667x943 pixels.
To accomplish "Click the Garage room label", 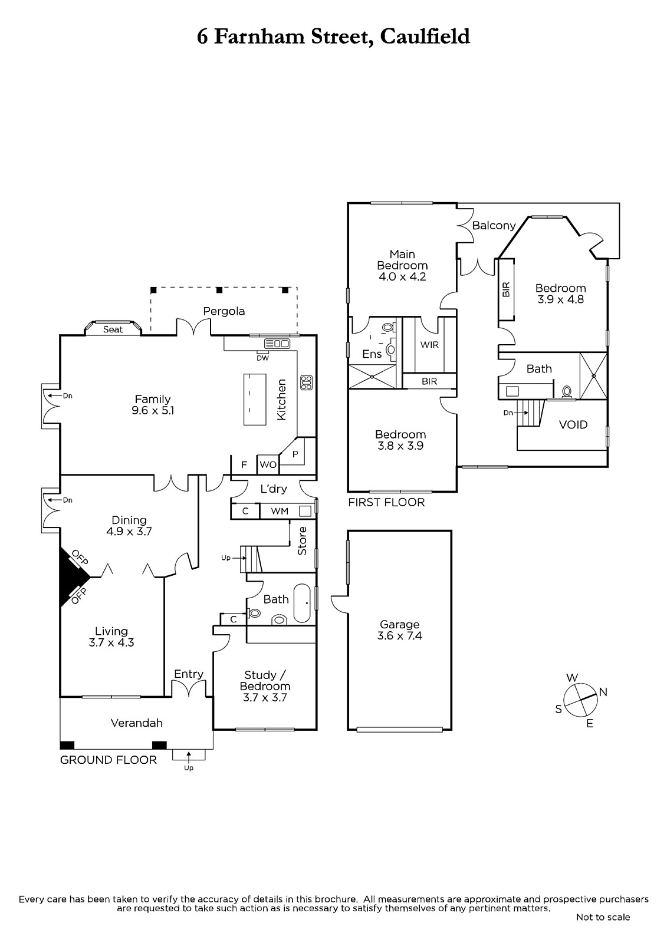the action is click(x=399, y=624).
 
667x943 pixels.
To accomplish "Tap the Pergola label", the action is click(x=224, y=311).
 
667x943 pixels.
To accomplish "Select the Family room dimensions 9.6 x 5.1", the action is click(x=153, y=410).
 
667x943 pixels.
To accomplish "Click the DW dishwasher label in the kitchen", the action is click(x=262, y=358).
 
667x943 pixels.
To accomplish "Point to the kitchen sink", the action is click(x=277, y=344).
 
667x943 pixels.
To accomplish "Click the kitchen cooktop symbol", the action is click(x=306, y=383).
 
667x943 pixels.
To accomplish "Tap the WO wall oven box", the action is click(x=268, y=465).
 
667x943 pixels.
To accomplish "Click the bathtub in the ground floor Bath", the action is click(x=302, y=603).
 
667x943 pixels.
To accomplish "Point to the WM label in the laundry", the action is click(x=280, y=511).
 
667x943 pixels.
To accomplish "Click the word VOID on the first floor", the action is click(x=573, y=424).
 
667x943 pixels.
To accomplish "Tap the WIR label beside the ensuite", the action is click(x=429, y=345).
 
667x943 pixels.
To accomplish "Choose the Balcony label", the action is click(x=494, y=226).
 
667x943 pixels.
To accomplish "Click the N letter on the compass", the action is click(x=603, y=692).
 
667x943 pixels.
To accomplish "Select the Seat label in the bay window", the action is click(x=113, y=329).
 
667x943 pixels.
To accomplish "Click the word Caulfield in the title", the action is click(x=425, y=37).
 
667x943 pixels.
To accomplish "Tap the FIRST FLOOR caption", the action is click(x=386, y=502).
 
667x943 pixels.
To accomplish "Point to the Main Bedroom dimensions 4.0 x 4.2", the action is click(x=402, y=276).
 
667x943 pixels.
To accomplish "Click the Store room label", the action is click(x=302, y=541).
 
